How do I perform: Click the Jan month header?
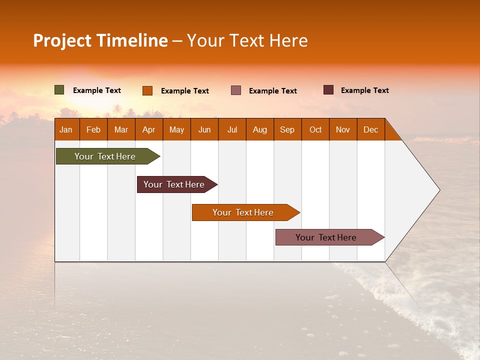tap(66, 129)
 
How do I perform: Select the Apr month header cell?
tap(149, 129)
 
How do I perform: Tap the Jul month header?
tap(232, 129)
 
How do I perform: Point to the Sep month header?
tap(287, 129)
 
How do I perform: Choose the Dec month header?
tap(370, 129)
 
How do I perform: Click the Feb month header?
tap(93, 129)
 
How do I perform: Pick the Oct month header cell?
tap(315, 129)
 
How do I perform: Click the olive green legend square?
tap(59, 90)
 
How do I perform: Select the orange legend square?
tap(147, 90)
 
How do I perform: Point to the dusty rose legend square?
tap(236, 90)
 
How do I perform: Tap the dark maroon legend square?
tap(328, 90)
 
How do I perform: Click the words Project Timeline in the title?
tap(100, 40)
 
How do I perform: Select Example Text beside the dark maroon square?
tap(364, 90)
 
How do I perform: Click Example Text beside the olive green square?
tap(97, 90)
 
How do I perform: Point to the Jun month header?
tap(204, 129)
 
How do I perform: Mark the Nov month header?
tap(343, 129)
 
